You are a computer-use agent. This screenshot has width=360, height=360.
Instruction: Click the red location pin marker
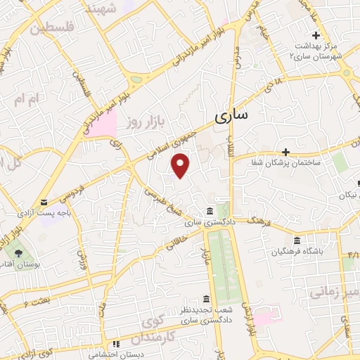coord(181,165)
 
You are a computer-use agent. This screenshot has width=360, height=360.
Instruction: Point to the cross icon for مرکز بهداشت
coord(316,35)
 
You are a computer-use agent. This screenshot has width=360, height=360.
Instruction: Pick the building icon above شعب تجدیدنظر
coord(205,298)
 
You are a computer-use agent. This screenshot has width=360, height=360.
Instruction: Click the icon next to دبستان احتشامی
coord(117,344)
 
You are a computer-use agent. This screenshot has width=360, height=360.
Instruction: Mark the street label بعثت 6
coord(35,303)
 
